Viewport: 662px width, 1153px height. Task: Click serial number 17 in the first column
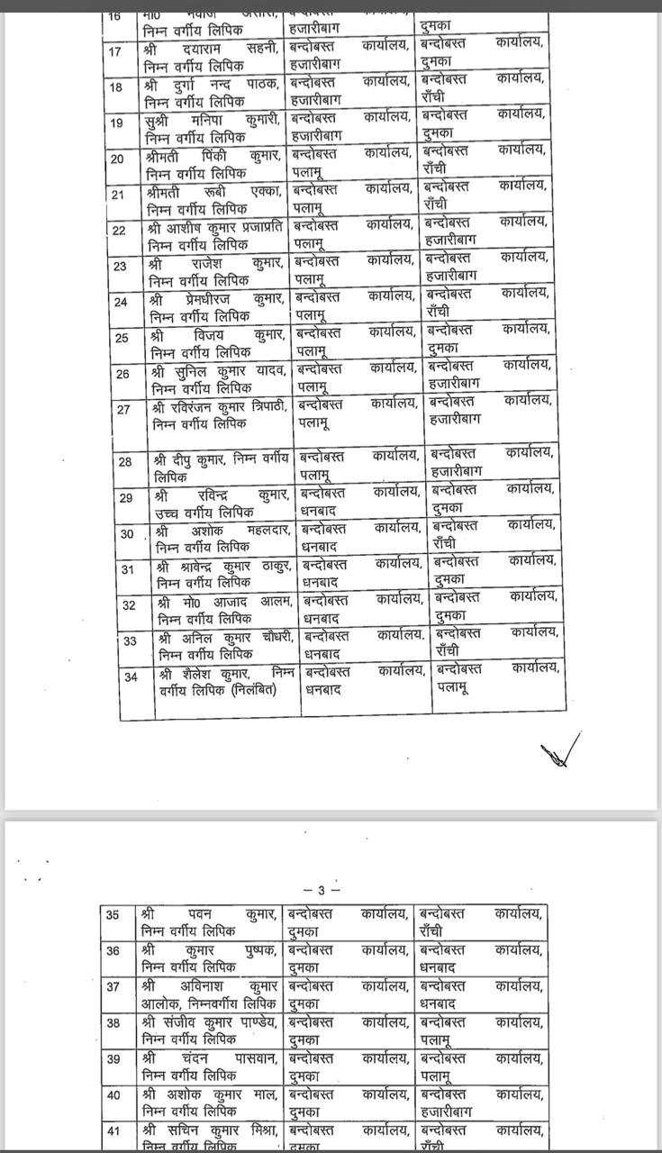tap(114, 51)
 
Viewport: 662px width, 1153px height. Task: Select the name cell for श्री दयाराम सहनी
tap(213, 51)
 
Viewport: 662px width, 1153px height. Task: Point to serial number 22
tap(119, 230)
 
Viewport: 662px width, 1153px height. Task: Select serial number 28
tap(125, 461)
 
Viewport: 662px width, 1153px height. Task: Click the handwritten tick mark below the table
tap(560, 750)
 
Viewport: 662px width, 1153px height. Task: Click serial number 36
tap(113, 950)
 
